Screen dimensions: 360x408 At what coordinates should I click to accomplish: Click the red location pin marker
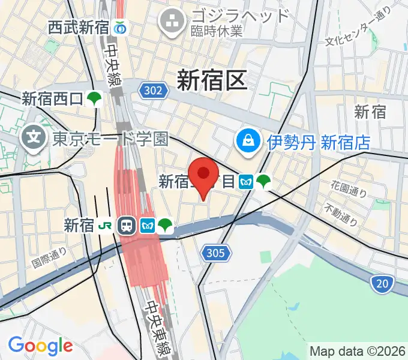tap(203, 175)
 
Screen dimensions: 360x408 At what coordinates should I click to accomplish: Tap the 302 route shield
tap(153, 91)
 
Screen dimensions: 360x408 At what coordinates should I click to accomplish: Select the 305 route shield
tap(215, 253)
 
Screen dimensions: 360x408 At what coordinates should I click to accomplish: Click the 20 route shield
tap(383, 283)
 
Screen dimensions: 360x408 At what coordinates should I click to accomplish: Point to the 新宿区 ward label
tap(212, 79)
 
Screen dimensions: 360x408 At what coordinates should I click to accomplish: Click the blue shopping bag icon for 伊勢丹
tap(247, 142)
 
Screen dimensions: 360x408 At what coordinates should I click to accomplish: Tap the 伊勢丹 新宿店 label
tap(310, 142)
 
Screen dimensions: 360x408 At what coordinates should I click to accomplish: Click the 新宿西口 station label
tap(52, 98)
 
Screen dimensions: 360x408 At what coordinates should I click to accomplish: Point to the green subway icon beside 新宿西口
tap(94, 98)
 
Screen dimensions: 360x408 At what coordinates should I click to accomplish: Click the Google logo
tap(40, 346)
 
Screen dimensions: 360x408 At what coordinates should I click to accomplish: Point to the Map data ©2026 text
tap(357, 350)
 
